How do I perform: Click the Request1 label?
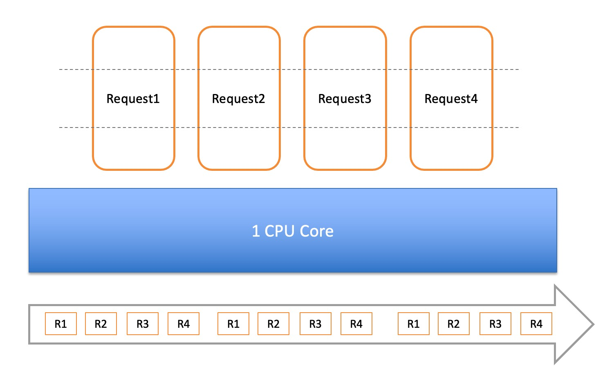(x=133, y=99)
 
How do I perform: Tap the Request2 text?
(x=238, y=99)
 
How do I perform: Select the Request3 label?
(x=345, y=99)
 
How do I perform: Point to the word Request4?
(x=451, y=99)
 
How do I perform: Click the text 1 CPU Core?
(x=292, y=231)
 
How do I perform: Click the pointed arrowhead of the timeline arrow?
(x=593, y=324)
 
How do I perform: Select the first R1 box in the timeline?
(x=61, y=324)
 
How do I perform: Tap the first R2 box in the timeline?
(x=101, y=324)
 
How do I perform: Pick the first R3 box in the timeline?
(x=143, y=324)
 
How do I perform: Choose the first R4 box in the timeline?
(x=184, y=324)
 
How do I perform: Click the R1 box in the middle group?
(x=233, y=324)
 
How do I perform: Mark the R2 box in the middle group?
(x=273, y=324)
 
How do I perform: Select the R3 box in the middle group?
(x=316, y=324)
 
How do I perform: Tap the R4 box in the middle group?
(x=356, y=324)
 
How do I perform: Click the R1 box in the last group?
(x=414, y=324)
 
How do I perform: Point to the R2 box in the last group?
(x=454, y=324)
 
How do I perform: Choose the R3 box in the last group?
(x=495, y=324)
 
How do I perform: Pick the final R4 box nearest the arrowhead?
(x=536, y=324)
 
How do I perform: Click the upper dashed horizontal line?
(x=289, y=69)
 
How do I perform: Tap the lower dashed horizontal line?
(x=289, y=128)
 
